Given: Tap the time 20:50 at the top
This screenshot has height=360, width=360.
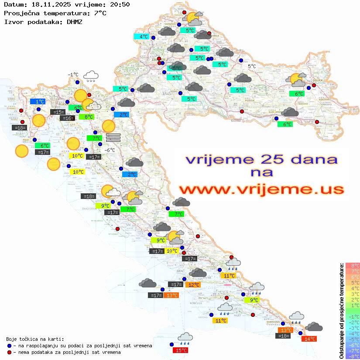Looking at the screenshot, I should point(120,4).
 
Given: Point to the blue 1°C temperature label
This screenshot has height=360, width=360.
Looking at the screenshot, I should point(38,102).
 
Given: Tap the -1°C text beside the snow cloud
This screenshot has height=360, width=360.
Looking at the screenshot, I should point(73,75).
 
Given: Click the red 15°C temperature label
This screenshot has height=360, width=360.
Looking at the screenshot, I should point(181,350).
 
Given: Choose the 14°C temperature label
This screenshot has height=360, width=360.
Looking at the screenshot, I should point(310,339).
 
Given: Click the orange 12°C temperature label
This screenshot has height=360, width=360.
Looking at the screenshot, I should point(193,285).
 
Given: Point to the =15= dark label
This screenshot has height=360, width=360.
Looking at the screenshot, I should point(58,112).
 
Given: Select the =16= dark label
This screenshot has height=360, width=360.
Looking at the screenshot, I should point(67,118).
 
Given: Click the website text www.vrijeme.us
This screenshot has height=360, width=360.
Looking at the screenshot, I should point(261,189).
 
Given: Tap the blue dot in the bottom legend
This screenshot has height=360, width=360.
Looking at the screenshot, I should point(10,346).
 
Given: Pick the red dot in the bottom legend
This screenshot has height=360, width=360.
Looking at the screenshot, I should point(10,352).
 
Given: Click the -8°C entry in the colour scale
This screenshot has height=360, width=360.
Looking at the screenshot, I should point(352,356).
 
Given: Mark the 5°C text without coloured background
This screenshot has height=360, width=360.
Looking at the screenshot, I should point(252,66).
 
